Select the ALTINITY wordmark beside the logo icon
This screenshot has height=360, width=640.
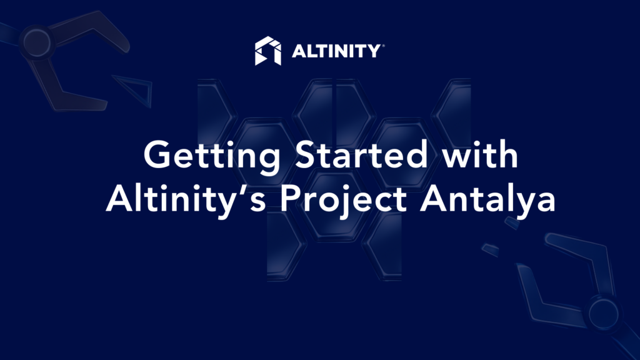336,51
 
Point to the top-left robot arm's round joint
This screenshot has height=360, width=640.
37,42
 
